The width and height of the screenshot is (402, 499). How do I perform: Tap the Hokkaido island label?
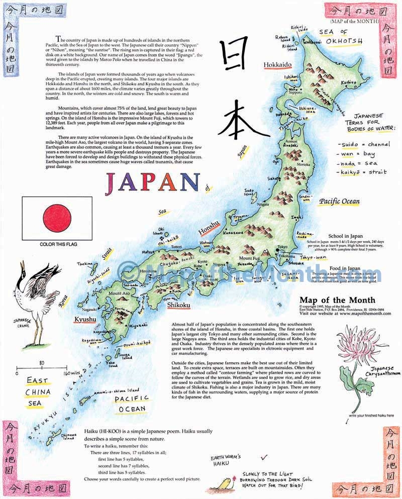pyautogui.click(x=277, y=65)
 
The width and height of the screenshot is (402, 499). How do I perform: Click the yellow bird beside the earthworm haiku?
pyautogui.click(x=221, y=483)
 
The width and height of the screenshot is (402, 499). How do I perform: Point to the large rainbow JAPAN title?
pyautogui.click(x=151, y=184)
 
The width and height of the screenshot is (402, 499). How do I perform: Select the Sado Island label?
pyautogui.click(x=251, y=191)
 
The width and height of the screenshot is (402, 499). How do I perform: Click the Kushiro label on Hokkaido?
pyautogui.click(x=348, y=82)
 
